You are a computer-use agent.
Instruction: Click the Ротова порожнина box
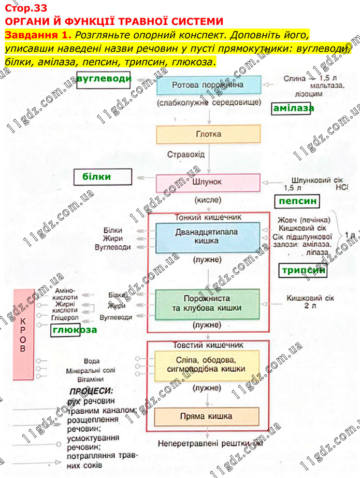[x=208, y=85]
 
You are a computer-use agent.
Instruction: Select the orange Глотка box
[x=208, y=134]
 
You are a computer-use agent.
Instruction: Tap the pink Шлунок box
[x=208, y=182]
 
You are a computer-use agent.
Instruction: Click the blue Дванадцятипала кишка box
[x=208, y=236]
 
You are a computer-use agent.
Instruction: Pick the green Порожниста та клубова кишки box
[x=208, y=303]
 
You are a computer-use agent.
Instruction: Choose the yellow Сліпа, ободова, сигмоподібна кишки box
[x=208, y=365]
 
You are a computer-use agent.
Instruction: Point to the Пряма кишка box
[x=208, y=416]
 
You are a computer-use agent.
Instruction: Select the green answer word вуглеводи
[x=104, y=78]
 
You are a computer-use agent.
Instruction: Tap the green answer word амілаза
[x=293, y=108]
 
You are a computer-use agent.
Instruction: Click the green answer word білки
[x=96, y=177]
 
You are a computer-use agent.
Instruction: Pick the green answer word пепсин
[x=297, y=201]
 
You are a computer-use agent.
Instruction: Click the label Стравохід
[x=186, y=154]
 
